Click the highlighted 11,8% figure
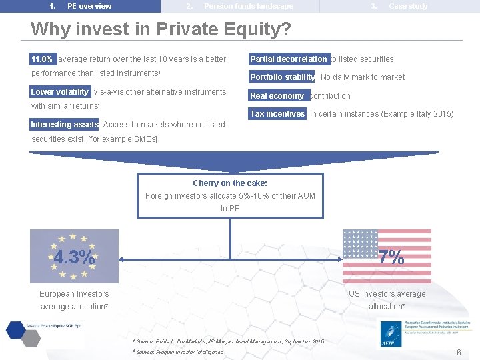tap(43, 59)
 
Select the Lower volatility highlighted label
tap(60, 92)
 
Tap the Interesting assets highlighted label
tap(65, 125)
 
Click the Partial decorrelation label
tap(289, 59)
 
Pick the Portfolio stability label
tap(282, 77)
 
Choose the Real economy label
tap(277, 96)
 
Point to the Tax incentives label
tap(277, 114)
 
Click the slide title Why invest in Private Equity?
tap(161, 29)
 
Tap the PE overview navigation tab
tap(89, 6)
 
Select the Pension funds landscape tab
tap(248, 6)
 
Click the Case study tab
tap(408, 6)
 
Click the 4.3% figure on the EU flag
tap(74, 257)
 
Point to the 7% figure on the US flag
tap(391, 257)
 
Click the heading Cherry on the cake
tap(230, 183)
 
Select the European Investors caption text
tap(74, 294)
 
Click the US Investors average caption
tap(387, 294)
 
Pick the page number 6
tap(459, 352)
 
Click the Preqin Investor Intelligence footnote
tap(180, 351)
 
